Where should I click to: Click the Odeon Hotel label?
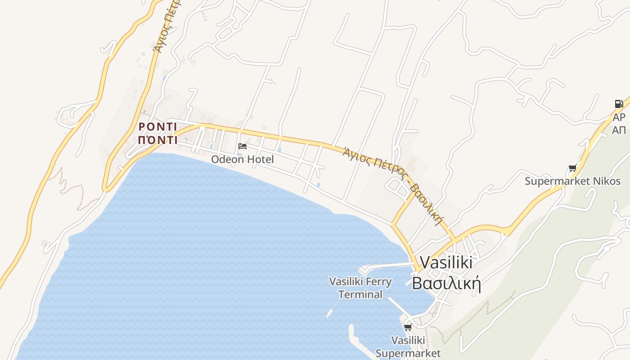[x=242, y=159]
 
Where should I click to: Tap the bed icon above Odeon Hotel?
[x=243, y=146]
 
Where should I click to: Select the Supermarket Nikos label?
[x=572, y=181]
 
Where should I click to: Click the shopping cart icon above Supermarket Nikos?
[x=572, y=168]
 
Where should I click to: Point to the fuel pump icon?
[x=619, y=104]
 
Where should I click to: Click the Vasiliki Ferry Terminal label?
[x=360, y=288]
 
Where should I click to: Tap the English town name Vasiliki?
[x=446, y=263]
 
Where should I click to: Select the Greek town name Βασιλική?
[x=446, y=284]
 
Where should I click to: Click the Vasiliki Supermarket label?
[x=408, y=346]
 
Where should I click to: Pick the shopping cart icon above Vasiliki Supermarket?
[x=408, y=327]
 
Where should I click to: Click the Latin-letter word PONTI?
[x=157, y=126]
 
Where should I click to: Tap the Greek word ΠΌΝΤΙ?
[x=157, y=140]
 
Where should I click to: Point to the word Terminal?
[x=360, y=295]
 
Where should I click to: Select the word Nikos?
[x=606, y=181]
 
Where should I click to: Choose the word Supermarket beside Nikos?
[x=555, y=181]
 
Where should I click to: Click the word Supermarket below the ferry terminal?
[x=408, y=353]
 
